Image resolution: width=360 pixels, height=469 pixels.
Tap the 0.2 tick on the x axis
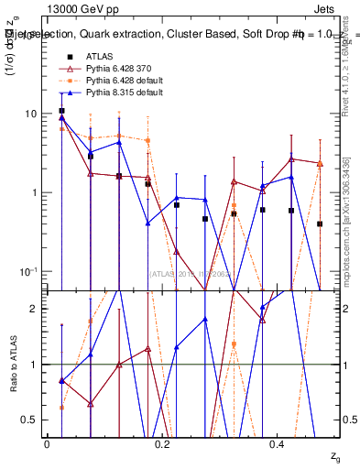pyautogui.click(x=162, y=443)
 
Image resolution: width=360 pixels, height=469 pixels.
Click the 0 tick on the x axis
pyautogui.click(x=47, y=443)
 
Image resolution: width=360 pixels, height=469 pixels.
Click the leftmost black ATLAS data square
pyautogui.click(x=61, y=111)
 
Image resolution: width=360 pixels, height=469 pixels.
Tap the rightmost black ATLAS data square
pyautogui.click(x=320, y=224)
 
